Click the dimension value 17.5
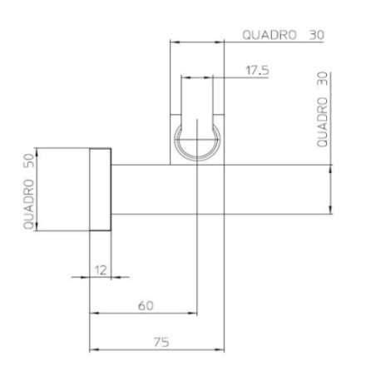click(257, 71)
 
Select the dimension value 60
click(145, 305)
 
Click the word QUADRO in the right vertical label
click(323, 120)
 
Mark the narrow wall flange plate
click(100, 190)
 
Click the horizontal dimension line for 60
click(142, 314)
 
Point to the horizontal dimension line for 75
click(157, 348)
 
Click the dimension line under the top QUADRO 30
click(198, 42)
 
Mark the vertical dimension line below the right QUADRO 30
click(331, 190)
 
